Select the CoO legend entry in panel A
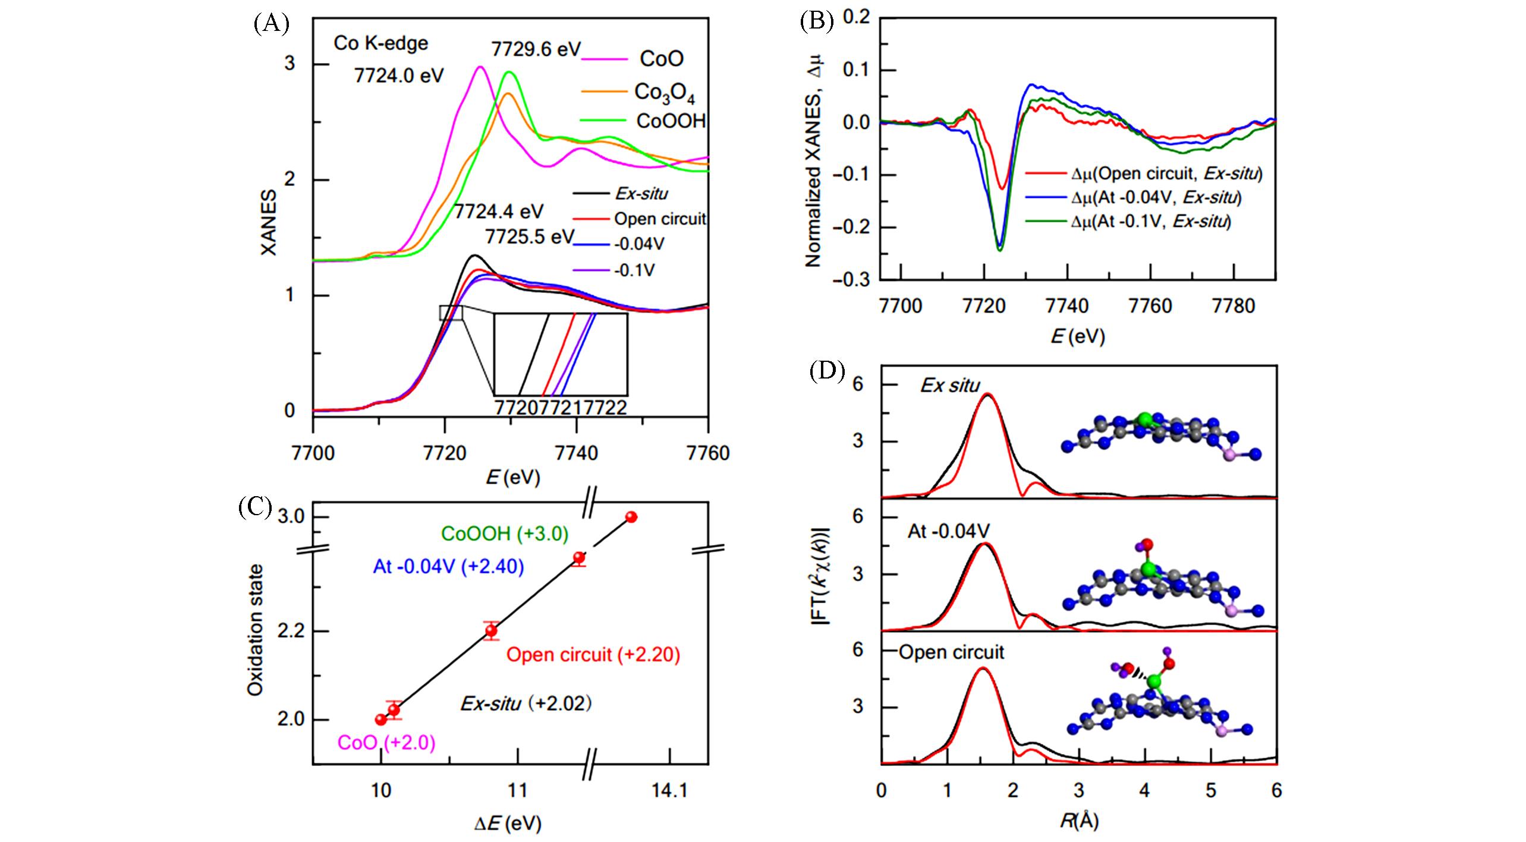[661, 59]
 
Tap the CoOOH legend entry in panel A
[671, 121]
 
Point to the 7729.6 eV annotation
[536, 49]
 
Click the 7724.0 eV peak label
[399, 76]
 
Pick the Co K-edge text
[381, 43]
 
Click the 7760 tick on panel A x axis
[707, 453]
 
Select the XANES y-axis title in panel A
[269, 223]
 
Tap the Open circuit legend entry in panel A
[659, 219]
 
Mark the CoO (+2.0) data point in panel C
[381, 720]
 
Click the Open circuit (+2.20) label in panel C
[593, 655]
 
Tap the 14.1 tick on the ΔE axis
[670, 791]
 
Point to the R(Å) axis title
[1079, 821]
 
